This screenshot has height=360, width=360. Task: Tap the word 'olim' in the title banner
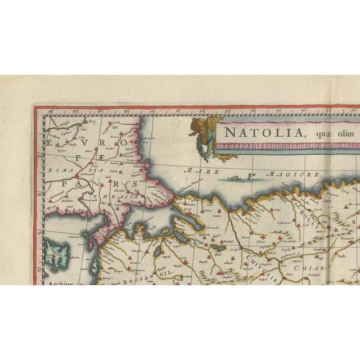point(343,134)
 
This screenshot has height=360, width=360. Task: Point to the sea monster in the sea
point(232,178)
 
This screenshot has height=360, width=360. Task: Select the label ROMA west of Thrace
point(58,169)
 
